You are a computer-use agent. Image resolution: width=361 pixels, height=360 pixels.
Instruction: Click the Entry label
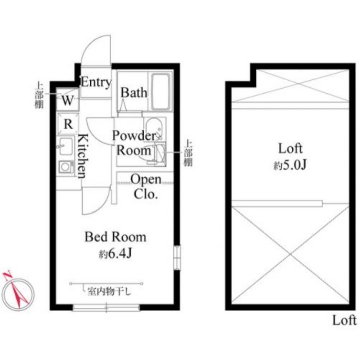click(x=96, y=82)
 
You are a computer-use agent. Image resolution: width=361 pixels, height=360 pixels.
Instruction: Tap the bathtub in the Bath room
click(x=161, y=92)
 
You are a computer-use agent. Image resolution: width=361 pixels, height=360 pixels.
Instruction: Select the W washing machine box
click(x=68, y=99)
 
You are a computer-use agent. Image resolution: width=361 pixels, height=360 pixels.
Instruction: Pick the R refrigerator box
click(x=68, y=124)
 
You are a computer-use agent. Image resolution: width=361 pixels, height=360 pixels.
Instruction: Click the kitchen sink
click(x=66, y=146)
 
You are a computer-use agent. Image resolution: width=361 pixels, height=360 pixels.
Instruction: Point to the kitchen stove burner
click(x=66, y=167)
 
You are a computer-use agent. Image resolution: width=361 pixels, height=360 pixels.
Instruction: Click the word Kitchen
click(x=83, y=156)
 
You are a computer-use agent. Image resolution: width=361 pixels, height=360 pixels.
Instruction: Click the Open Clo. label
click(x=146, y=187)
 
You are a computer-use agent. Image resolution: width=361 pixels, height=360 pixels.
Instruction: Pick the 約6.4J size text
click(x=116, y=254)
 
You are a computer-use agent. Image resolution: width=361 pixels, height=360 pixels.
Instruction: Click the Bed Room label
click(x=116, y=237)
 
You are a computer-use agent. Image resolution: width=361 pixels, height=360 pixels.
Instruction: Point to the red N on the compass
click(x=8, y=275)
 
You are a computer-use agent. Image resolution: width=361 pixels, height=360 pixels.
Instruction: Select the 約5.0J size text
click(x=290, y=165)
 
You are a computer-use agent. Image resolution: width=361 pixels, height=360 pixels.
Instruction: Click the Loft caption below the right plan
click(x=344, y=320)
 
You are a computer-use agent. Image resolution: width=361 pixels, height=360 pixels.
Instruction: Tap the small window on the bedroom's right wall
click(x=177, y=258)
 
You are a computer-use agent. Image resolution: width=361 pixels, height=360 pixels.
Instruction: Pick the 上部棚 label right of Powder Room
click(x=188, y=153)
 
